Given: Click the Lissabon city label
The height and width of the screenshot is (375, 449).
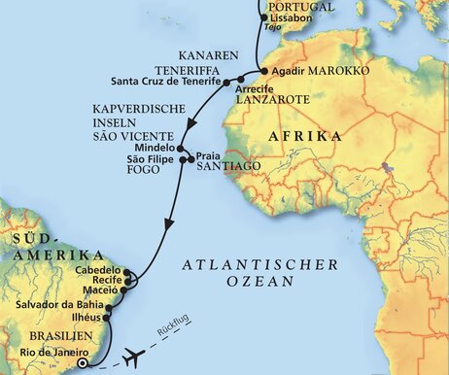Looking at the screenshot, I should (x=288, y=18).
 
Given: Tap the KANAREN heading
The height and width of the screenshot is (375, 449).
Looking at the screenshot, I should (x=203, y=55).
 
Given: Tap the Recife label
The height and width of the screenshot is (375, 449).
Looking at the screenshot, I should (x=103, y=282).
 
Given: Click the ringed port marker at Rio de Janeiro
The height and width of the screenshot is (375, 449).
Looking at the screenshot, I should (x=83, y=363).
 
